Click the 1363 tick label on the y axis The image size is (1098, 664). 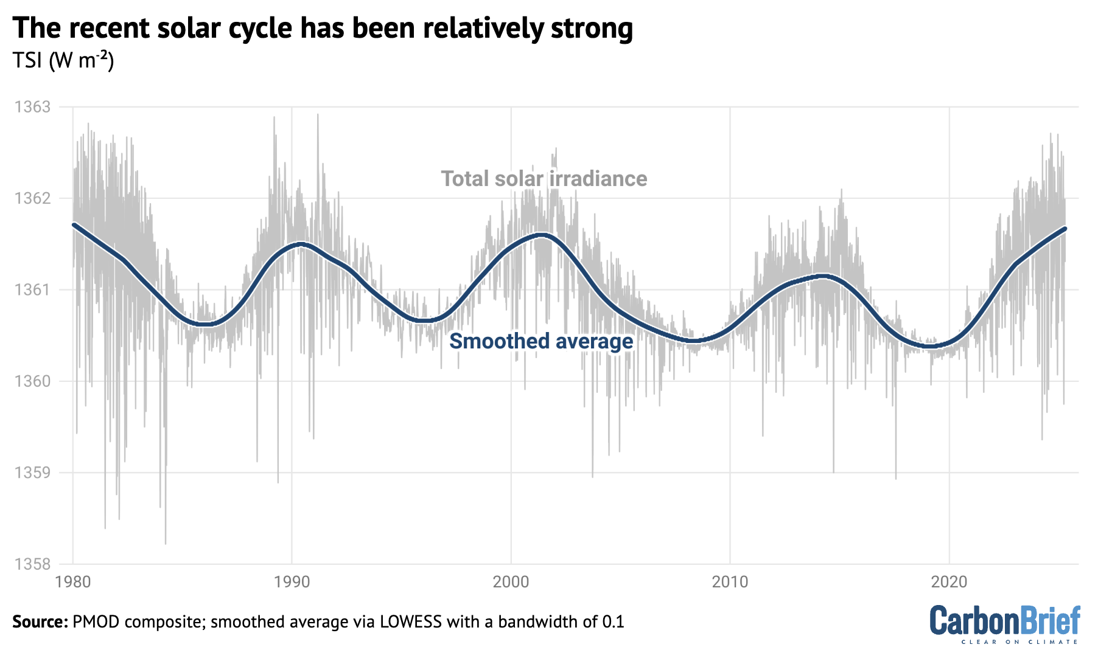tap(32, 108)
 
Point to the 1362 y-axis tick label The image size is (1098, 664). tap(32, 199)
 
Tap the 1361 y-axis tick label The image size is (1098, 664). tap(32, 290)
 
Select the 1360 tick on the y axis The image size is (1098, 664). tap(32, 381)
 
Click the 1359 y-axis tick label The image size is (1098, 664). tap(32, 472)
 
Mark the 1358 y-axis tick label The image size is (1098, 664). tap(32, 564)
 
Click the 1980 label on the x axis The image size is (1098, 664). tap(72, 582)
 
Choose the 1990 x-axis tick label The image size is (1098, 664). tap(292, 582)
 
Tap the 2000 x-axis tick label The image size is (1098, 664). tap(511, 582)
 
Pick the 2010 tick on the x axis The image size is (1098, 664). tap(730, 582)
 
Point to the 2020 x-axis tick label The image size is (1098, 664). tap(949, 582)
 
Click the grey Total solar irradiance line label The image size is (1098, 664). tap(544, 179)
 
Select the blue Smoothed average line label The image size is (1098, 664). tap(541, 341)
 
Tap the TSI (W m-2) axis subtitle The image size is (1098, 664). tap(63, 61)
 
